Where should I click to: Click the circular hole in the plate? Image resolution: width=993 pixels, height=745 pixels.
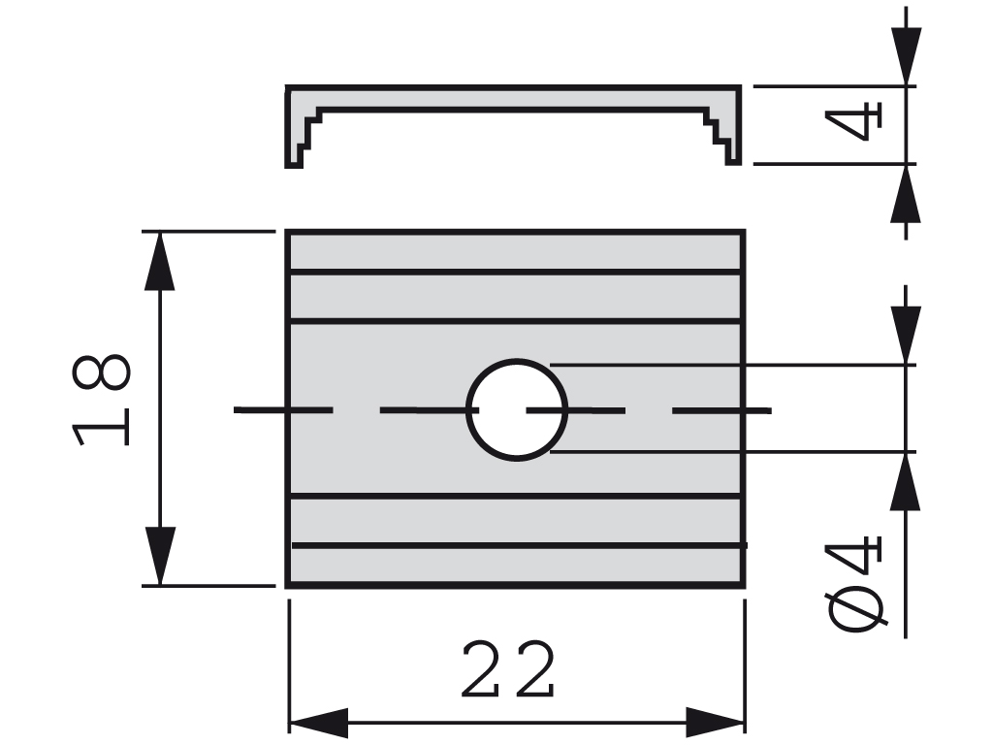pos(517,409)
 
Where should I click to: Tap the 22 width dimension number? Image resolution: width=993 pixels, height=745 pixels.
pos(508,670)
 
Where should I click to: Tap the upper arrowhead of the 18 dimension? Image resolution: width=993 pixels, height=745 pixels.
pos(159,261)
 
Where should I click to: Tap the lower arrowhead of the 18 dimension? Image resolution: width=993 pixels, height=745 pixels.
pos(159,556)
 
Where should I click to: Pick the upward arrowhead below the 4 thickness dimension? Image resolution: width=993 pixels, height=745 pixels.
pos(907,194)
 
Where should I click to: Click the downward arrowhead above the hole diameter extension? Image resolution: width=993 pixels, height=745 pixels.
pos(907,336)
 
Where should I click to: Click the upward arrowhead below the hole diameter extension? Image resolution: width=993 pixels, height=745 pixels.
pos(907,481)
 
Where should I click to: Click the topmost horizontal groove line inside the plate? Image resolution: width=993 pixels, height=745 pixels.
pos(514,272)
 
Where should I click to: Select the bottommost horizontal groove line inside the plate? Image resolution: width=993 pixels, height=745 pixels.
pos(514,545)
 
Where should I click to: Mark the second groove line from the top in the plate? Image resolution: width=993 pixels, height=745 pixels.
pos(514,320)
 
